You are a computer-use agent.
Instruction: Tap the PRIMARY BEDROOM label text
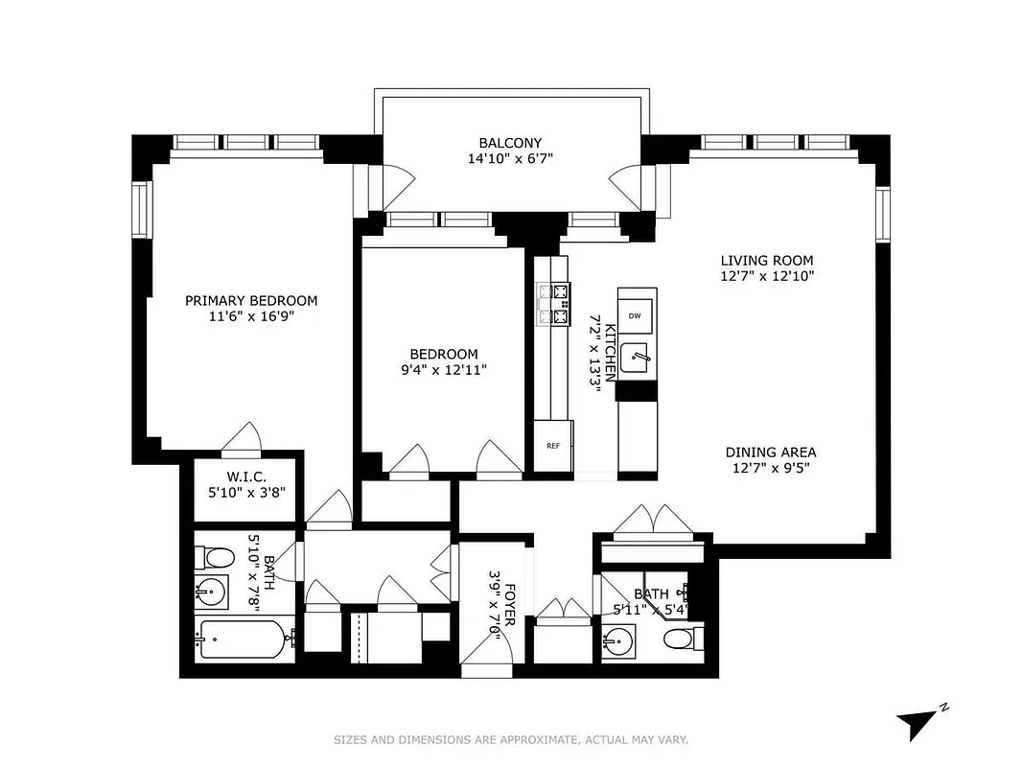[251, 300]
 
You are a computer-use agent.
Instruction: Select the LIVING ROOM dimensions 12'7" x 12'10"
[767, 276]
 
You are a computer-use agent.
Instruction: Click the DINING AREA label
[770, 453]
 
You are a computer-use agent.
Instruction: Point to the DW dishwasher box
[635, 315]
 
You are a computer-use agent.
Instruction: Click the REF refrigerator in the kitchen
[553, 446]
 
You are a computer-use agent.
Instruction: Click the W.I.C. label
[246, 476]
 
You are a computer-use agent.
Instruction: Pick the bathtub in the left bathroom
[242, 639]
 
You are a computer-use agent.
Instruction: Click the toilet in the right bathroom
[685, 638]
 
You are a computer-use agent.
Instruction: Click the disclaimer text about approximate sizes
[510, 739]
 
